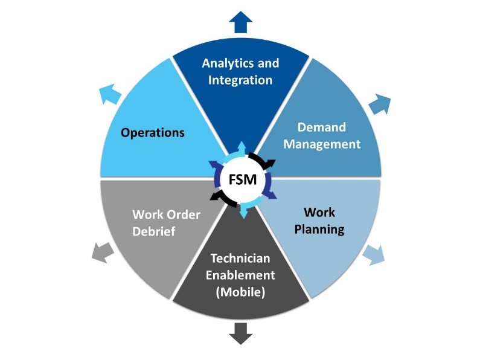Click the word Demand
(322, 127)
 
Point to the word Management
(322, 144)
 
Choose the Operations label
(153, 132)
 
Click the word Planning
(324, 230)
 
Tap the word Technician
(241, 258)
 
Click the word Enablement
(241, 275)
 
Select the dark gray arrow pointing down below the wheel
(241, 333)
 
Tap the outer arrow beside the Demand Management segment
(381, 104)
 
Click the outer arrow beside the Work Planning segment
(374, 255)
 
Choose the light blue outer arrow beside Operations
(109, 94)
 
